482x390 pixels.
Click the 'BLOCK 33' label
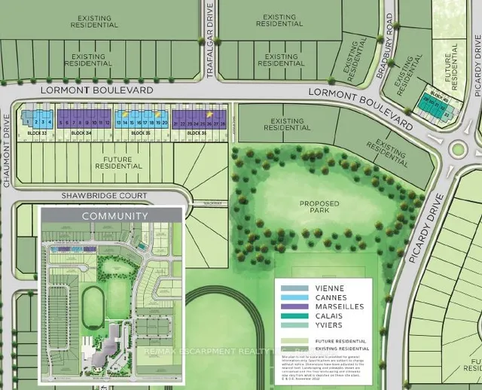[x=36, y=133]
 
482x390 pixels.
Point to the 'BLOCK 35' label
[x=141, y=133]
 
